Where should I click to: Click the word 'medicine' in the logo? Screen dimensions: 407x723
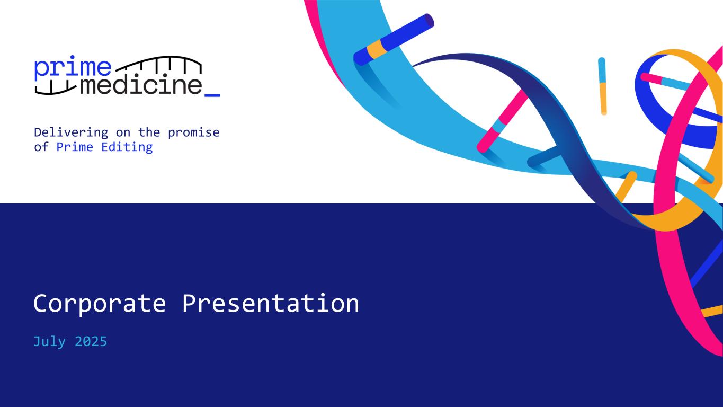(141, 86)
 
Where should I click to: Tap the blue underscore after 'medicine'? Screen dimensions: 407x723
(212, 95)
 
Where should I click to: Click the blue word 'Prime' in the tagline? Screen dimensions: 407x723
(75, 147)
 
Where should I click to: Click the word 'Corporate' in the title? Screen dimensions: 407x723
(100, 304)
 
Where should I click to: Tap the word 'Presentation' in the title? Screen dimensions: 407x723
(271, 304)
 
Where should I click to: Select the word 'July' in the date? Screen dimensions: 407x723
(49, 341)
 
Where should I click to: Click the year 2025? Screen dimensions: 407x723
(91, 341)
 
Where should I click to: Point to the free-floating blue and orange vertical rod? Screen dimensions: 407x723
(602, 86)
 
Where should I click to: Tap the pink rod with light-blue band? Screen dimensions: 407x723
(502, 121)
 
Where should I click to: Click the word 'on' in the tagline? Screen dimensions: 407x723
(123, 132)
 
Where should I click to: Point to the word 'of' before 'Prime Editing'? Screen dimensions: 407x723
(41, 147)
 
